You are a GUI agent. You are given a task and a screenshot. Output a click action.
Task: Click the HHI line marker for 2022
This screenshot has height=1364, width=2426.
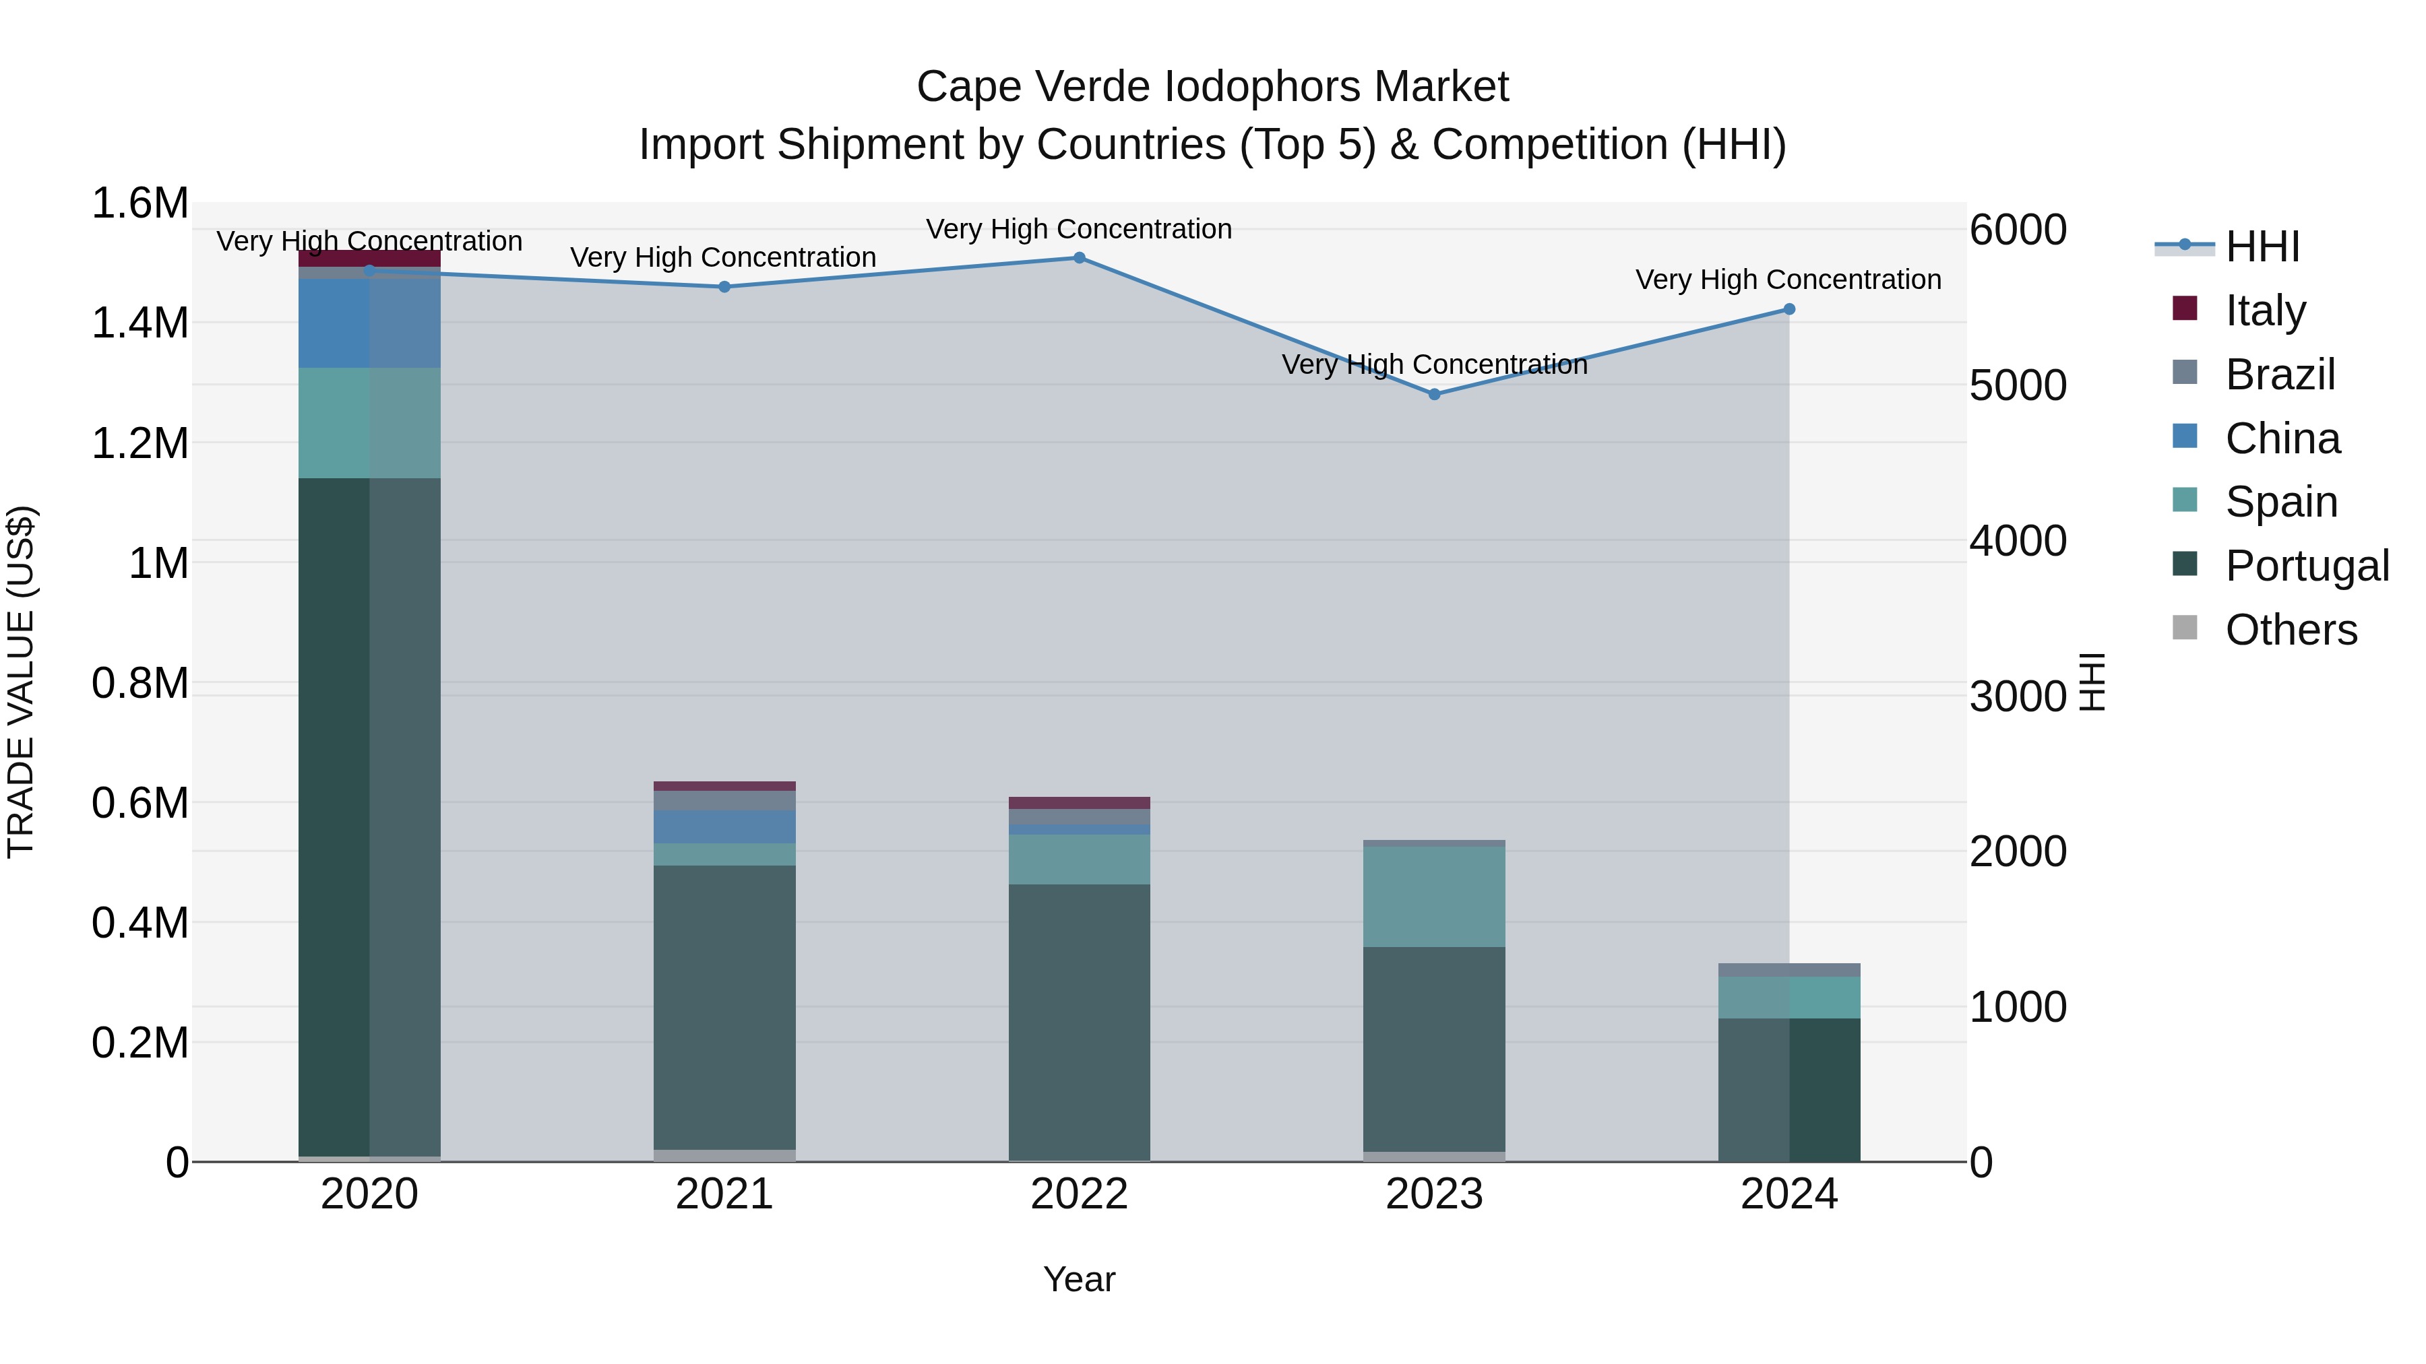pos(1080,258)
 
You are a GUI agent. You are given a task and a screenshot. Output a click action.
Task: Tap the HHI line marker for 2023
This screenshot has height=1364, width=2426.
pos(1434,395)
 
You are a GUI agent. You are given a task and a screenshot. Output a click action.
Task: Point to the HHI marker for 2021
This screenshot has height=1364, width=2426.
pos(724,287)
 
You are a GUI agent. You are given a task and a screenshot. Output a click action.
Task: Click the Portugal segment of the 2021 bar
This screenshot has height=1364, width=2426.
pos(724,1007)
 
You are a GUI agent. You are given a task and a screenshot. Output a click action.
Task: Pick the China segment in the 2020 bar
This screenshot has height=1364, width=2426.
pos(369,323)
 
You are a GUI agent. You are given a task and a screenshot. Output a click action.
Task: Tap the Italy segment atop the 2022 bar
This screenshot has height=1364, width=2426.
pos(1080,803)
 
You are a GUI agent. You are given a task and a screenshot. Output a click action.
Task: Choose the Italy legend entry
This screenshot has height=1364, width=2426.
pos(2264,311)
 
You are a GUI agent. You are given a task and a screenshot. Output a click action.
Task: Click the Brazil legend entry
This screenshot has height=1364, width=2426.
pos(2279,375)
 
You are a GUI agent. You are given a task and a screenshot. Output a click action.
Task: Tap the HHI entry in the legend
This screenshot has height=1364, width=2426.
pos(2261,247)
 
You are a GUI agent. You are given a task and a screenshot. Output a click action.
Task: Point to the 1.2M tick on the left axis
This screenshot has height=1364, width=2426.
pos(139,443)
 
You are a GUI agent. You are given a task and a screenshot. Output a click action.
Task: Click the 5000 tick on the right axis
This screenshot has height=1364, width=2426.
pos(2017,386)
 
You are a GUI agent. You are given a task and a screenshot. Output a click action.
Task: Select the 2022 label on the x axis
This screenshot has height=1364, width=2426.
pos(1080,1194)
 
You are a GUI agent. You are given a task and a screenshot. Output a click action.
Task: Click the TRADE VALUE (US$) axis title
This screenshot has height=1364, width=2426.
pos(22,682)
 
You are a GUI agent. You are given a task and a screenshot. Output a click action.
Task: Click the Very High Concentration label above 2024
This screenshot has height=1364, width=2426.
pos(1789,280)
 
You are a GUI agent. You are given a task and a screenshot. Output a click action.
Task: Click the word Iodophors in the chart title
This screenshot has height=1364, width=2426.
pos(1264,87)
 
